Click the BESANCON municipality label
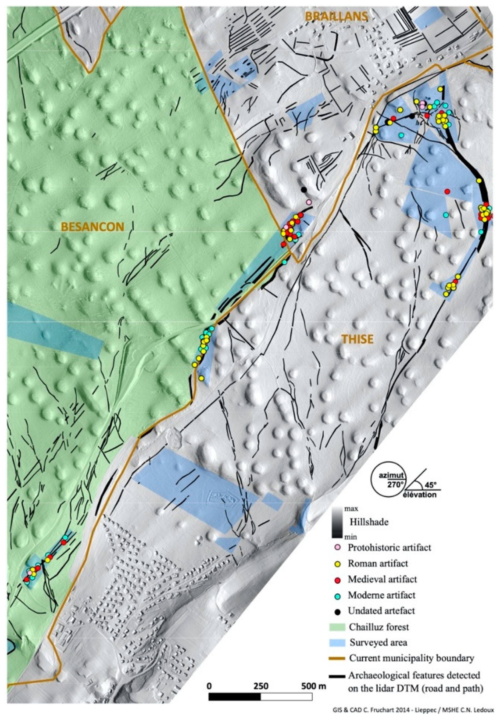point(92,227)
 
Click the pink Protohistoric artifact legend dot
point(337,548)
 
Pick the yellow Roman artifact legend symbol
point(337,564)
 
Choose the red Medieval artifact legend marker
point(337,579)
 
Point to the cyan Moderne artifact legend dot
point(337,595)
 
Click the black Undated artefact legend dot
point(337,611)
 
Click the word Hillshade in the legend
point(369,522)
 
